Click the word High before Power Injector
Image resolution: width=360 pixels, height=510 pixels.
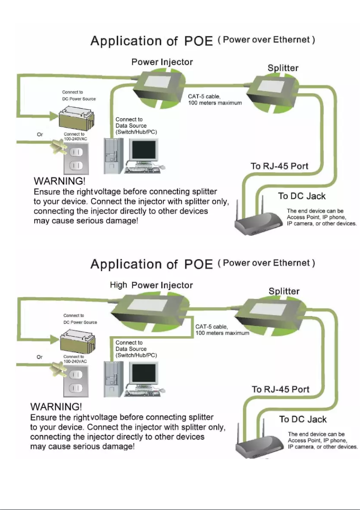click(x=119, y=285)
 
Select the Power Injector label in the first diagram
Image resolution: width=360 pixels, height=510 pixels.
click(x=162, y=62)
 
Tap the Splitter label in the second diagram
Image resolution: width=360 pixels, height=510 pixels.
click(x=284, y=291)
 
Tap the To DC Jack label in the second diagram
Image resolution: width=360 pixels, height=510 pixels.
click(x=303, y=419)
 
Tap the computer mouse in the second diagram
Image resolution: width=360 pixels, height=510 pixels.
click(x=163, y=391)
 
